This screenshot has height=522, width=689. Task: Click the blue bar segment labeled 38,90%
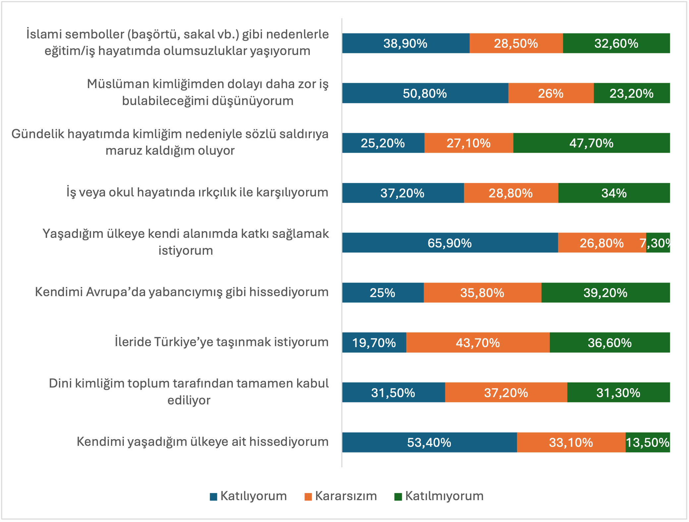tap(405, 43)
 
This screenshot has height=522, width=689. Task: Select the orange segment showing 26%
tap(551, 93)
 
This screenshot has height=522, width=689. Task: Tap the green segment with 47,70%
tap(591, 143)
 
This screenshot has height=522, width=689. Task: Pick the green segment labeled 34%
tap(614, 193)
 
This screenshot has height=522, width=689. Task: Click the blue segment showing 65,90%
tap(450, 243)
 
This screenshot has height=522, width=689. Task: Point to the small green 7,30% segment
tap(658, 243)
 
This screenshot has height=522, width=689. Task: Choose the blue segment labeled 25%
tap(383, 293)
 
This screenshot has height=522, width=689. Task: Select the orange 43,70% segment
tap(478, 343)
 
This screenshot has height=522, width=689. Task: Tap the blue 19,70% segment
tap(374, 343)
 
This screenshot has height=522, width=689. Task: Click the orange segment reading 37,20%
tap(506, 393)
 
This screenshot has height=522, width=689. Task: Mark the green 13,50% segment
tap(648, 443)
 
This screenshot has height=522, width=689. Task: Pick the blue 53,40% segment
tap(429, 443)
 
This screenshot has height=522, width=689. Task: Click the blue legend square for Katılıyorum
tap(213, 496)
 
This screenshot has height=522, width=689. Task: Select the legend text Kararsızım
tap(346, 496)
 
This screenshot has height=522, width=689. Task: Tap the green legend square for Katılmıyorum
tap(398, 496)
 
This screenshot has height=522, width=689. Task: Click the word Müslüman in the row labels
tap(118, 84)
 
